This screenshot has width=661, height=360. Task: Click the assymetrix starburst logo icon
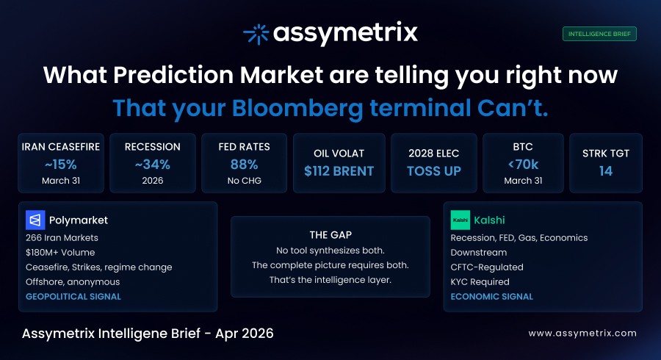[255, 34]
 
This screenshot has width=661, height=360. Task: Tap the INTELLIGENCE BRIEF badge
[599, 34]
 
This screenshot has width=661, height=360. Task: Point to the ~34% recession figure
[153, 164]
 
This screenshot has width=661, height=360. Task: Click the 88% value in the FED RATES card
[244, 164]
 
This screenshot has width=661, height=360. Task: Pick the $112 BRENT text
[339, 171]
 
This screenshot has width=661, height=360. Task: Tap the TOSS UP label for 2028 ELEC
[435, 171]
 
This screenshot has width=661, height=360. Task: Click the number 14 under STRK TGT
[606, 171]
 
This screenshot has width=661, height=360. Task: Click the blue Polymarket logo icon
[35, 220]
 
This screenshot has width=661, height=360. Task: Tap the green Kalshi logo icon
[460, 220]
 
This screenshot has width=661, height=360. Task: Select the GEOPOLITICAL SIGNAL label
[73, 297]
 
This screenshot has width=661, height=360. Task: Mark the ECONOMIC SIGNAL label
[492, 297]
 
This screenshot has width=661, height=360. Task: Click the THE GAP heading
[330, 235]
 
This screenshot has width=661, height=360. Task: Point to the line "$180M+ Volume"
[57, 252]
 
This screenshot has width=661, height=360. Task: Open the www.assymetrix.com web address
[582, 333]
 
